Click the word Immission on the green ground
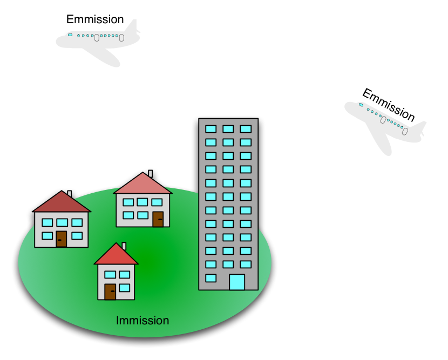142,321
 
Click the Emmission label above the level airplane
95,19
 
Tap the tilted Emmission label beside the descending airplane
389,105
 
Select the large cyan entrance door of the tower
237,282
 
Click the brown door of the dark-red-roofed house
61,239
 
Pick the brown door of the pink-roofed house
158,220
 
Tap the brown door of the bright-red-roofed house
110,291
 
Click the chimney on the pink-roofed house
150,173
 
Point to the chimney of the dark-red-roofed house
70,194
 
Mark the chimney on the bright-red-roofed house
124,246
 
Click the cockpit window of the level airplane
70,35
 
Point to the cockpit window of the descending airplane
361,105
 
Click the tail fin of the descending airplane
420,128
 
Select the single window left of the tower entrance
211,278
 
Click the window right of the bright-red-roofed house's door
124,288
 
